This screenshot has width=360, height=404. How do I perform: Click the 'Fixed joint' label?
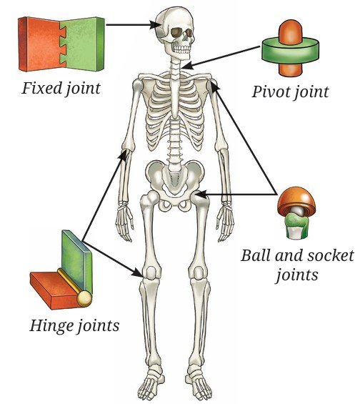61,89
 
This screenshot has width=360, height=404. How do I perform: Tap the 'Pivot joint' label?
290,92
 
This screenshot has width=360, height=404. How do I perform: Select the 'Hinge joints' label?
74,325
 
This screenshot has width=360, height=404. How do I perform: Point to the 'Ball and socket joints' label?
297,265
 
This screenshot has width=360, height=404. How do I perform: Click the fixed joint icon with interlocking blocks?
61,44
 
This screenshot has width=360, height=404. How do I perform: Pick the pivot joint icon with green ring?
290,49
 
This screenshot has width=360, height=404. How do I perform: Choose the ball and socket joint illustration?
296,213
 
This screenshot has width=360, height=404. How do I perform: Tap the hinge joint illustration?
61,270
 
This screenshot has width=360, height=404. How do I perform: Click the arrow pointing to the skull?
134,25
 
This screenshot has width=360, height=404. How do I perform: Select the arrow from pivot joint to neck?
221,57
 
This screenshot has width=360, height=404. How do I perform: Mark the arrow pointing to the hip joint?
236,194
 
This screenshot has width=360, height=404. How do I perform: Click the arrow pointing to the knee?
112,259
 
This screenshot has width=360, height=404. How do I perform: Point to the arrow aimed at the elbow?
105,195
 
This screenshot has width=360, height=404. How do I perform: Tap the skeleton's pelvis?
175,184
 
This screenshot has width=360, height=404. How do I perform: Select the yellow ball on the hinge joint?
85,298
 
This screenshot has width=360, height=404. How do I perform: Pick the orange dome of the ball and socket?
296,201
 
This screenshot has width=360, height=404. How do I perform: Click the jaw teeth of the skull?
181,49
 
